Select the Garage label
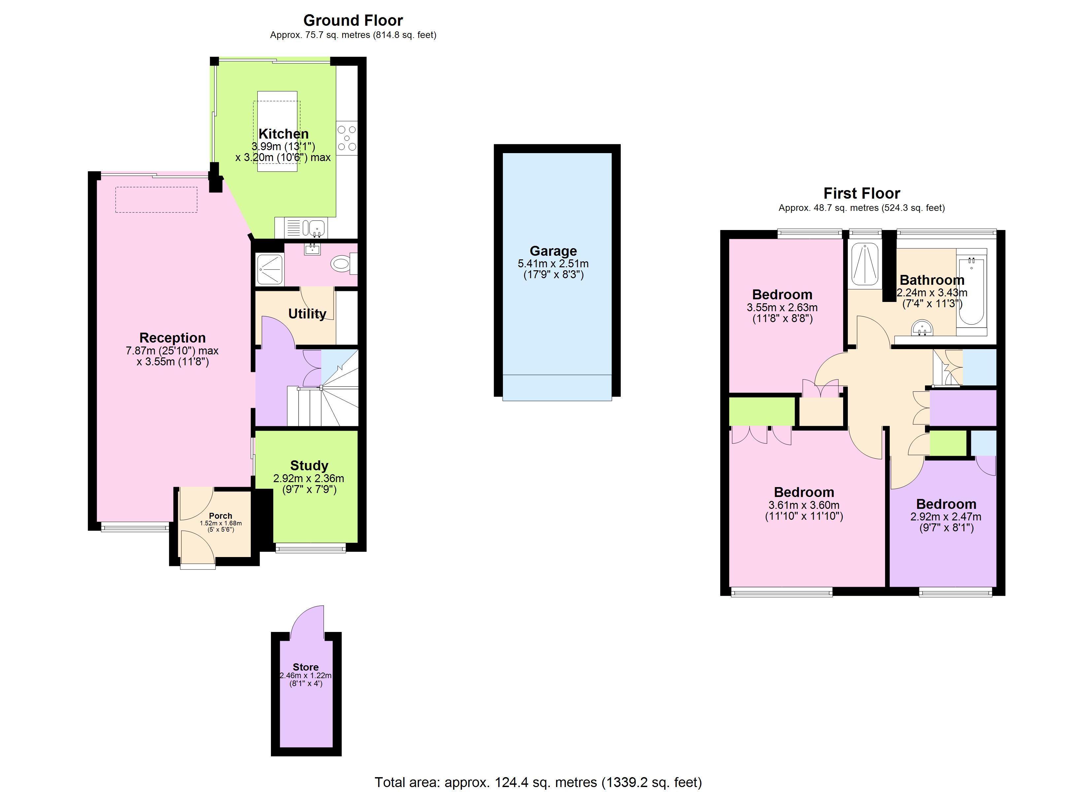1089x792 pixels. click(553, 251)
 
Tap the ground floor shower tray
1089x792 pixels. click(270, 269)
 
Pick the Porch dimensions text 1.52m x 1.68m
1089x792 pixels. click(220, 523)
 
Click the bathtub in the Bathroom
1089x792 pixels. click(971, 291)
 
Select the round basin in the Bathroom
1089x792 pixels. click(921, 329)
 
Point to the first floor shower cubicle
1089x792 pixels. click(865, 265)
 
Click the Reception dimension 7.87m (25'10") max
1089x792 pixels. click(172, 350)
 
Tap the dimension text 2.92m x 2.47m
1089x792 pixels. click(945, 517)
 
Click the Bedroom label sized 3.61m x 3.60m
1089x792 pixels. click(804, 492)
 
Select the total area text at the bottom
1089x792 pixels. click(538, 782)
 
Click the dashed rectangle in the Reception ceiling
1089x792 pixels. click(156, 199)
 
